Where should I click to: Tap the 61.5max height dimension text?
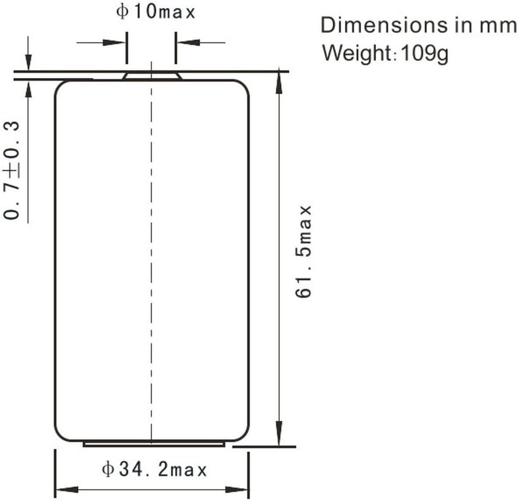(x=304, y=251)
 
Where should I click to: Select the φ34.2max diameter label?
(x=154, y=470)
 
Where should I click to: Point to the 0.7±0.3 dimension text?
(x=12, y=170)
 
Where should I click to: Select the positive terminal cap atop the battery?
(x=152, y=75)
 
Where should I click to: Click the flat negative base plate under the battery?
(x=153, y=443)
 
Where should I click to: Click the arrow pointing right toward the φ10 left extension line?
(x=116, y=42)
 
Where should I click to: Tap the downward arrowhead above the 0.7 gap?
(x=28, y=62)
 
